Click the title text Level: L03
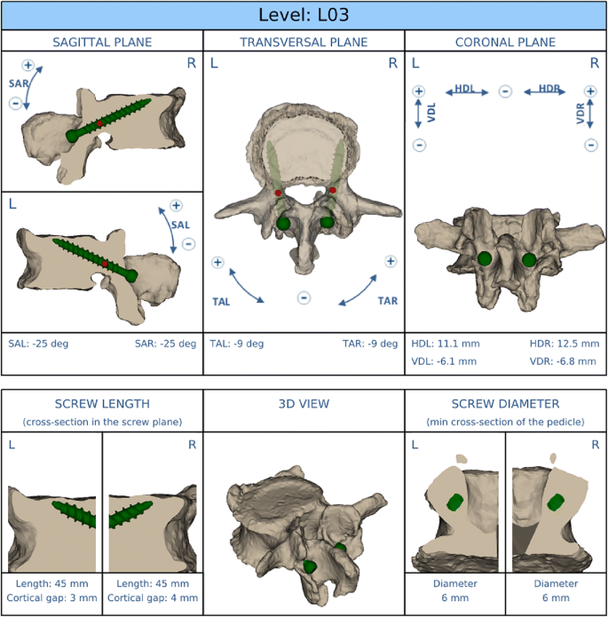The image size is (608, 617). (304, 15)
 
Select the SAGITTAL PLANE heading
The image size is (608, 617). (102, 42)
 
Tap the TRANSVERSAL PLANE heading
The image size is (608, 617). (304, 42)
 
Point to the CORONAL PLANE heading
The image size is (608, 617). (505, 42)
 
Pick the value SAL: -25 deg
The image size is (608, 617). (37, 344)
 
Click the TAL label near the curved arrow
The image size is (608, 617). (221, 302)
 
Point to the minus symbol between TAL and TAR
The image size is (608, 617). (304, 298)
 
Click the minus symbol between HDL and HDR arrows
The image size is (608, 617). (504, 91)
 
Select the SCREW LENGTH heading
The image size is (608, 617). (101, 404)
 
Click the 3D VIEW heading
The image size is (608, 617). (304, 404)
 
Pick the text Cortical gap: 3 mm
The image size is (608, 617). (51, 599)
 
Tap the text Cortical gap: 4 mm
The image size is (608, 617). (152, 599)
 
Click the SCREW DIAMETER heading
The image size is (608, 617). (505, 404)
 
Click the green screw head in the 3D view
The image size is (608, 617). (310, 566)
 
